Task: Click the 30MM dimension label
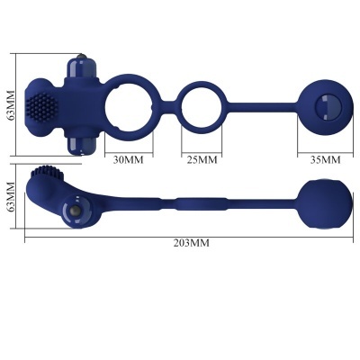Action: pyautogui.click(x=129, y=160)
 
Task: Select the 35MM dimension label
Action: pyautogui.click(x=324, y=160)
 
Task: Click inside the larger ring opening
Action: pyautogui.click(x=129, y=111)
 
